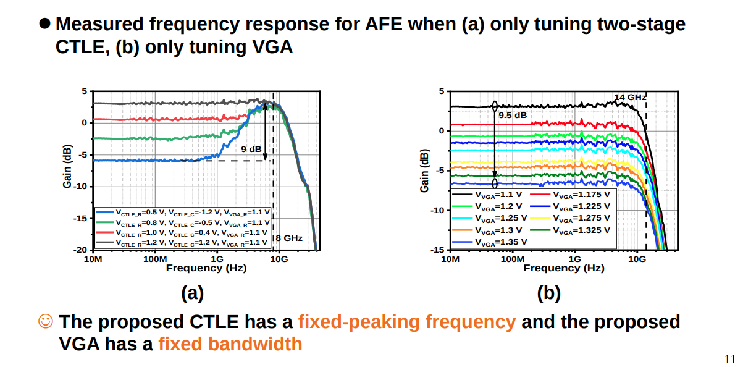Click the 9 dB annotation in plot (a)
click(x=251, y=150)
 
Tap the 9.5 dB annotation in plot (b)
click(x=513, y=115)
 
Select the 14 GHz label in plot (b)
click(x=630, y=97)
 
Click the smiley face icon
click(x=46, y=321)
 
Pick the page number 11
click(x=730, y=360)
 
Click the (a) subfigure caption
click(x=192, y=293)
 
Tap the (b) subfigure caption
click(x=549, y=293)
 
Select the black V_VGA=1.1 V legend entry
click(x=487, y=195)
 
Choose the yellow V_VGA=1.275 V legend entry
click(x=570, y=218)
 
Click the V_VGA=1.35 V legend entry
click(x=490, y=242)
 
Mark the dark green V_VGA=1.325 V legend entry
click(x=570, y=230)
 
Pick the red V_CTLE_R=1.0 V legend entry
click(x=182, y=233)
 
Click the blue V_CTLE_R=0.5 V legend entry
click(x=183, y=213)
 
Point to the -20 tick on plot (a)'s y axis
click(x=80, y=250)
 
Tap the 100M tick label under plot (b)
click(x=512, y=259)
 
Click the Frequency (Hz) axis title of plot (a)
click(x=206, y=268)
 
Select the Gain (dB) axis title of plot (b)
click(x=424, y=171)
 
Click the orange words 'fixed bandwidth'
click(x=230, y=344)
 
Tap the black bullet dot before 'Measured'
click(x=45, y=23)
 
